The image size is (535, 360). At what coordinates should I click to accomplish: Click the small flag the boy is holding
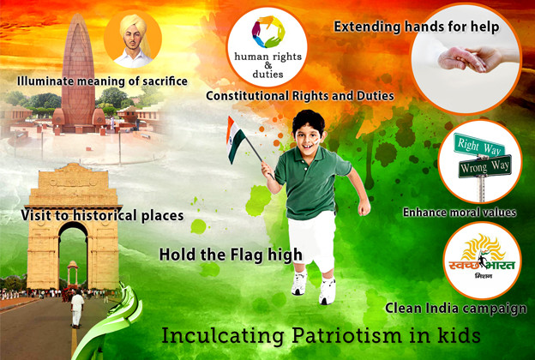point(236,139)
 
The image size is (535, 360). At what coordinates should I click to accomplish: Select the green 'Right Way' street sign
point(478,146)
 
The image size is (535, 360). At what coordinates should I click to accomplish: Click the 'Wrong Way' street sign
point(485,166)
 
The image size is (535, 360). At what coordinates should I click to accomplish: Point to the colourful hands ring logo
point(268,32)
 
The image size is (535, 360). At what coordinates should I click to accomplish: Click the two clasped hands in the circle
point(470,58)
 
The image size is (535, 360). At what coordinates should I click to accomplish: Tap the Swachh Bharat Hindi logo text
point(482,265)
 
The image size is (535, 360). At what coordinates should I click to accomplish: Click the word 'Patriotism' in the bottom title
point(346,335)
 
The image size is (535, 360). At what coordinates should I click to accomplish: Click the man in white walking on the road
point(77,309)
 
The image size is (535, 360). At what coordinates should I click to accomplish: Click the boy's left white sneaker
point(328,291)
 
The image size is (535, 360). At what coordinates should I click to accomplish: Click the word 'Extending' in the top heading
point(367,27)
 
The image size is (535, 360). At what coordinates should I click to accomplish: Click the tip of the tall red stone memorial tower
point(78,14)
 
